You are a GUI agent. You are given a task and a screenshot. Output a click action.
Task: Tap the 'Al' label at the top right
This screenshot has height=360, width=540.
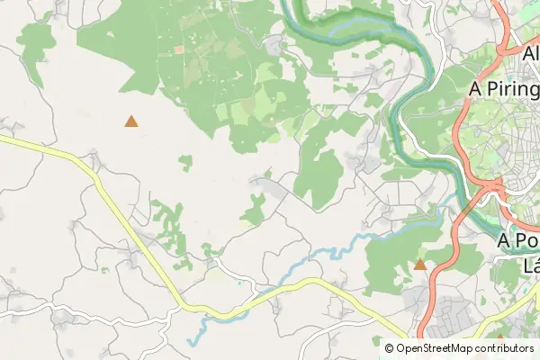(x=530, y=53)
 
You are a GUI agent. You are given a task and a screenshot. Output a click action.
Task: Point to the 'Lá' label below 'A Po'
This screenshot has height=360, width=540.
(x=531, y=265)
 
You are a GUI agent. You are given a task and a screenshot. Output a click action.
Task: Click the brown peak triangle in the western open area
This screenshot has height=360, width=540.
(x=131, y=121)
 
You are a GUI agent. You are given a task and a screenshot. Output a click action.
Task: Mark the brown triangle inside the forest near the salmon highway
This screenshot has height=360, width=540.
(x=419, y=264)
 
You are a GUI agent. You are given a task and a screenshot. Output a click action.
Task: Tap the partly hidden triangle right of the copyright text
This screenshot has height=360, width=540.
(x=500, y=337)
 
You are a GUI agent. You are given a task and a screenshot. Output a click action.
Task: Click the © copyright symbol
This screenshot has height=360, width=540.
(x=390, y=348)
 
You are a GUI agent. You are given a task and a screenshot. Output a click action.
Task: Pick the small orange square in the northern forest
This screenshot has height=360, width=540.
(x=179, y=49)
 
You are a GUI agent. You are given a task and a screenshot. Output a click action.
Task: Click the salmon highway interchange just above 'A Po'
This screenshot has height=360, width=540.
(x=491, y=186)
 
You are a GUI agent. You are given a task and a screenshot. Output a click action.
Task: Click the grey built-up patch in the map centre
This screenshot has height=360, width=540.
(x=268, y=187)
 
